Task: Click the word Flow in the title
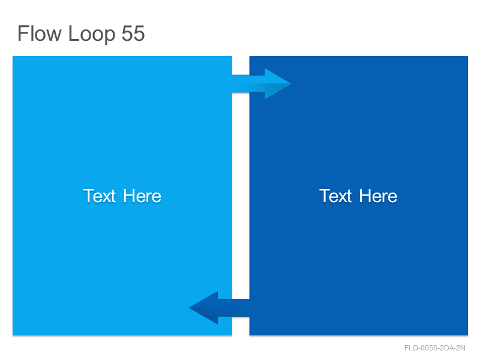coord(39,33)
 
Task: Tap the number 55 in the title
coord(133,34)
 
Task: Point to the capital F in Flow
coord(23,33)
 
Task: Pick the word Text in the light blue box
coord(100,196)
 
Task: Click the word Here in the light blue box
coord(142,196)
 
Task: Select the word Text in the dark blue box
coord(335,196)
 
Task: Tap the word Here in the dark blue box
coord(378,196)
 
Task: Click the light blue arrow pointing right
coord(262,83)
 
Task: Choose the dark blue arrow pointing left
coord(219,308)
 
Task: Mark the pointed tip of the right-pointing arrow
coord(291,83)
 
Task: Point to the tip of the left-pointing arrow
coord(190,308)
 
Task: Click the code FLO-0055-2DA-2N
coord(434,348)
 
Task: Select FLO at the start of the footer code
coord(411,348)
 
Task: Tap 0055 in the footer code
coord(428,348)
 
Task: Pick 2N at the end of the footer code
coord(461,348)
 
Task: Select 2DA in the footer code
coord(446,348)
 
